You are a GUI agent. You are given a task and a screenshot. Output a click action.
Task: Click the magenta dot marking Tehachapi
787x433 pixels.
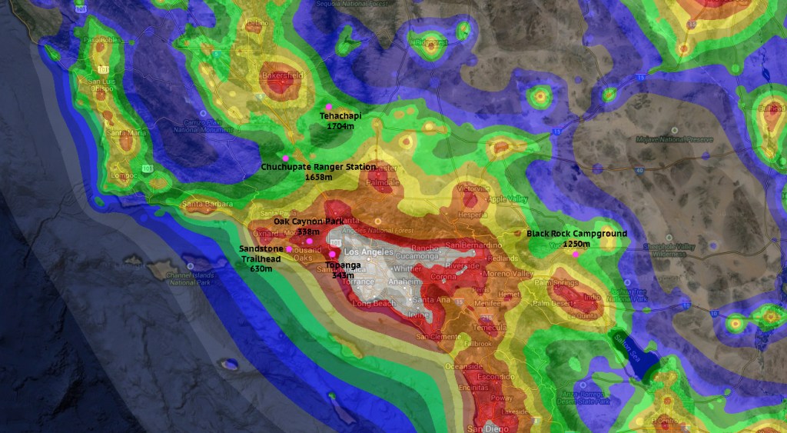click(x=328, y=106)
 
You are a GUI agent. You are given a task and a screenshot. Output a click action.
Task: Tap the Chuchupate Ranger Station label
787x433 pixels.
click(x=318, y=167)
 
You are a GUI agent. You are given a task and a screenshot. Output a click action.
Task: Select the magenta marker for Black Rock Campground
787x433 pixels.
click(x=576, y=255)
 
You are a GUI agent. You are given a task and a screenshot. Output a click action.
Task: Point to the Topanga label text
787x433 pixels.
click(x=343, y=265)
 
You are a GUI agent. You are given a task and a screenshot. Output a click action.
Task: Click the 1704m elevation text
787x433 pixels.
click(x=340, y=125)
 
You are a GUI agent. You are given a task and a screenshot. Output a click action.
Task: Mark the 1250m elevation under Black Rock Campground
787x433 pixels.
click(x=576, y=244)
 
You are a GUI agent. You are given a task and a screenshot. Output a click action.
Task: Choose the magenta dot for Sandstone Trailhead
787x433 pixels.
click(x=289, y=249)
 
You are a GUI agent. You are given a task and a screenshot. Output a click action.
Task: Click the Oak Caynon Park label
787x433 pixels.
click(x=309, y=221)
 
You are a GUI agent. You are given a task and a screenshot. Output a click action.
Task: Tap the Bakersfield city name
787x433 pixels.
click(x=281, y=76)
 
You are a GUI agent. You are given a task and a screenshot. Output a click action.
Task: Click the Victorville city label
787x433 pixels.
click(x=473, y=188)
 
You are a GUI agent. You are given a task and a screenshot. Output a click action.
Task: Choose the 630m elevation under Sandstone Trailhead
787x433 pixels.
click(x=261, y=269)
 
